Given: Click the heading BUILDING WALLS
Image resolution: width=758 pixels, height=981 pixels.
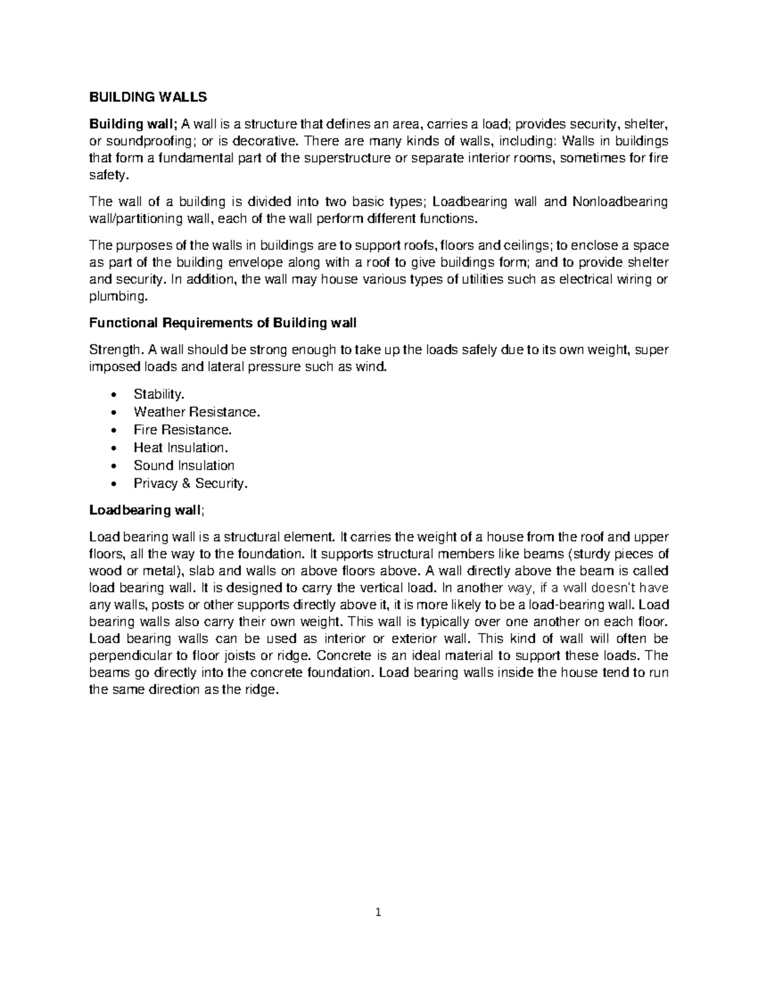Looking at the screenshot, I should click(x=148, y=97).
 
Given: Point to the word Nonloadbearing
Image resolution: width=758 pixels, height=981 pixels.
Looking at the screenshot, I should click(x=620, y=202).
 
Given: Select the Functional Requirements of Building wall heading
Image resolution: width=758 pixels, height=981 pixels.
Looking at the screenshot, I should click(x=223, y=323).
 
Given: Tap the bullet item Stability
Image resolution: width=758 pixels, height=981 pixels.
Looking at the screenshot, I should click(x=159, y=394).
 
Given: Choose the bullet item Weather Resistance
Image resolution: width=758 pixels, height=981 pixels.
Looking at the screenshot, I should click(x=196, y=412).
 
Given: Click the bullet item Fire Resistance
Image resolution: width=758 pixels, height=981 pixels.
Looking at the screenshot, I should click(x=183, y=430).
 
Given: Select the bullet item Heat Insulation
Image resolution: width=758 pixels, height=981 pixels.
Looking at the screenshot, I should click(x=180, y=448).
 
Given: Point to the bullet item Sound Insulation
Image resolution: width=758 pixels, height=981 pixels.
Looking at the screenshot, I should click(x=184, y=466).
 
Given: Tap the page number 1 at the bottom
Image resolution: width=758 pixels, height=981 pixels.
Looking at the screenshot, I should click(x=378, y=912).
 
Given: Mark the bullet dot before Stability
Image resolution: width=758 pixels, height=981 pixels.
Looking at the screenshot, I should click(x=112, y=395).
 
